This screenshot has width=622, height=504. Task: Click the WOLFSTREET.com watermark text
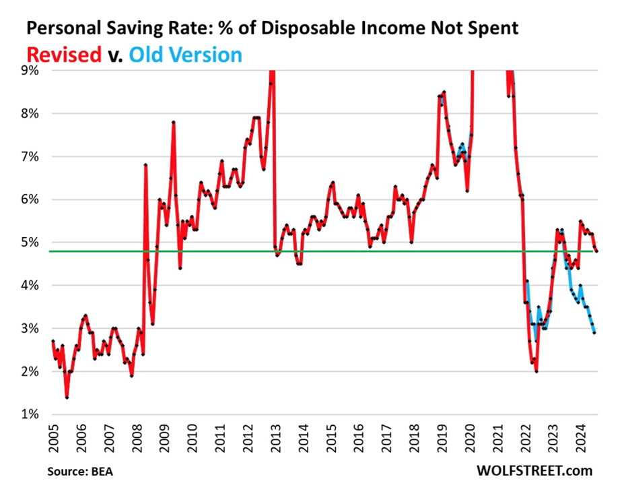coord(534,470)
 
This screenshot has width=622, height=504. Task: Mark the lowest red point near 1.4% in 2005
coord(67,398)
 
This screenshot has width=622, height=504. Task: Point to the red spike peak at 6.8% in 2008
coord(145,164)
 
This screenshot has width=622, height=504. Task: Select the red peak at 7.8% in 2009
coord(174,122)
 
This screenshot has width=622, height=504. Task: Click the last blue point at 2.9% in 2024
coord(594,333)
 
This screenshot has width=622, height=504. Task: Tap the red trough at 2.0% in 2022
coord(537,371)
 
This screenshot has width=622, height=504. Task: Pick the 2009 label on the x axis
coord(164,439)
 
